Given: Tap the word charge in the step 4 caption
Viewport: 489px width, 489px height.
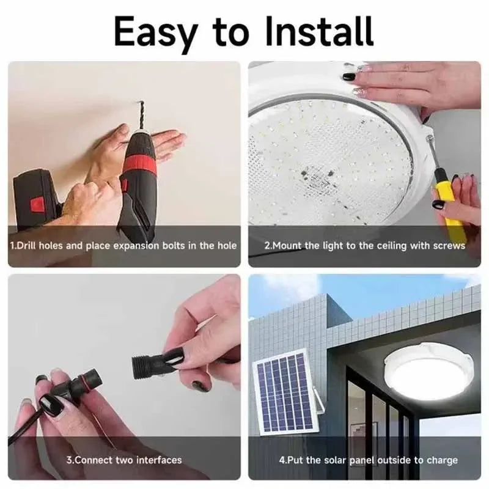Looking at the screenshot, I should pyautogui.click(x=442, y=460).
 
